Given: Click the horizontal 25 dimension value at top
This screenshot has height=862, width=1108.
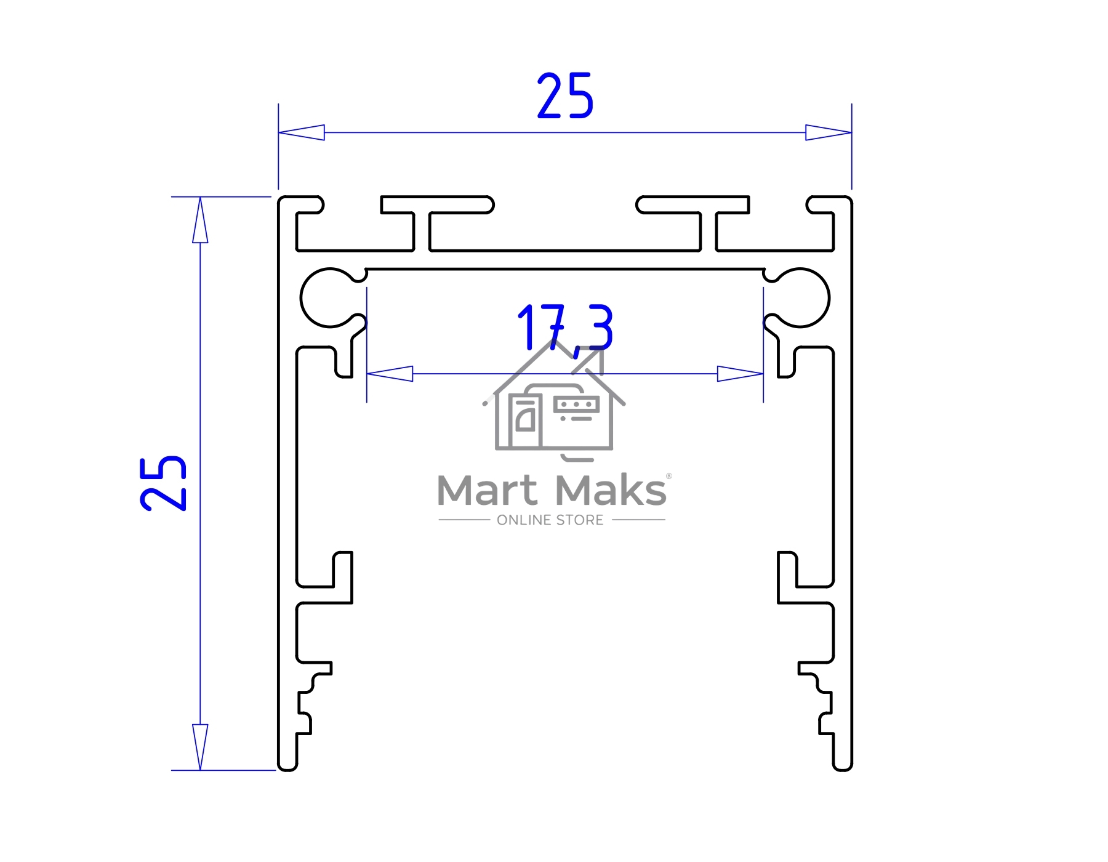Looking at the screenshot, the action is point(565,95).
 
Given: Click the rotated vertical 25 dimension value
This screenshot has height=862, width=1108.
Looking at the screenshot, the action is point(163,483).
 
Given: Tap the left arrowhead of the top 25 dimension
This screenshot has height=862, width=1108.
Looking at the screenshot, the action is point(302,132).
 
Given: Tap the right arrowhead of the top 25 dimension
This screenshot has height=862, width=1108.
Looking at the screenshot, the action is point(829,132).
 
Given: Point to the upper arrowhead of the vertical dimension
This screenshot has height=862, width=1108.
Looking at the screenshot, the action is point(200,220).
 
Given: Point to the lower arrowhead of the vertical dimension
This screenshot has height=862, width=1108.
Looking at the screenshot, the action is point(200,747).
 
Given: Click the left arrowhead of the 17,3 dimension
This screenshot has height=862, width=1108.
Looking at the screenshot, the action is point(390,374).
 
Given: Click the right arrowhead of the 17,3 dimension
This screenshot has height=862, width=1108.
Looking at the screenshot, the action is point(741,374).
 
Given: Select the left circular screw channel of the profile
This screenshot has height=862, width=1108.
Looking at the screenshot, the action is point(330,298).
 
